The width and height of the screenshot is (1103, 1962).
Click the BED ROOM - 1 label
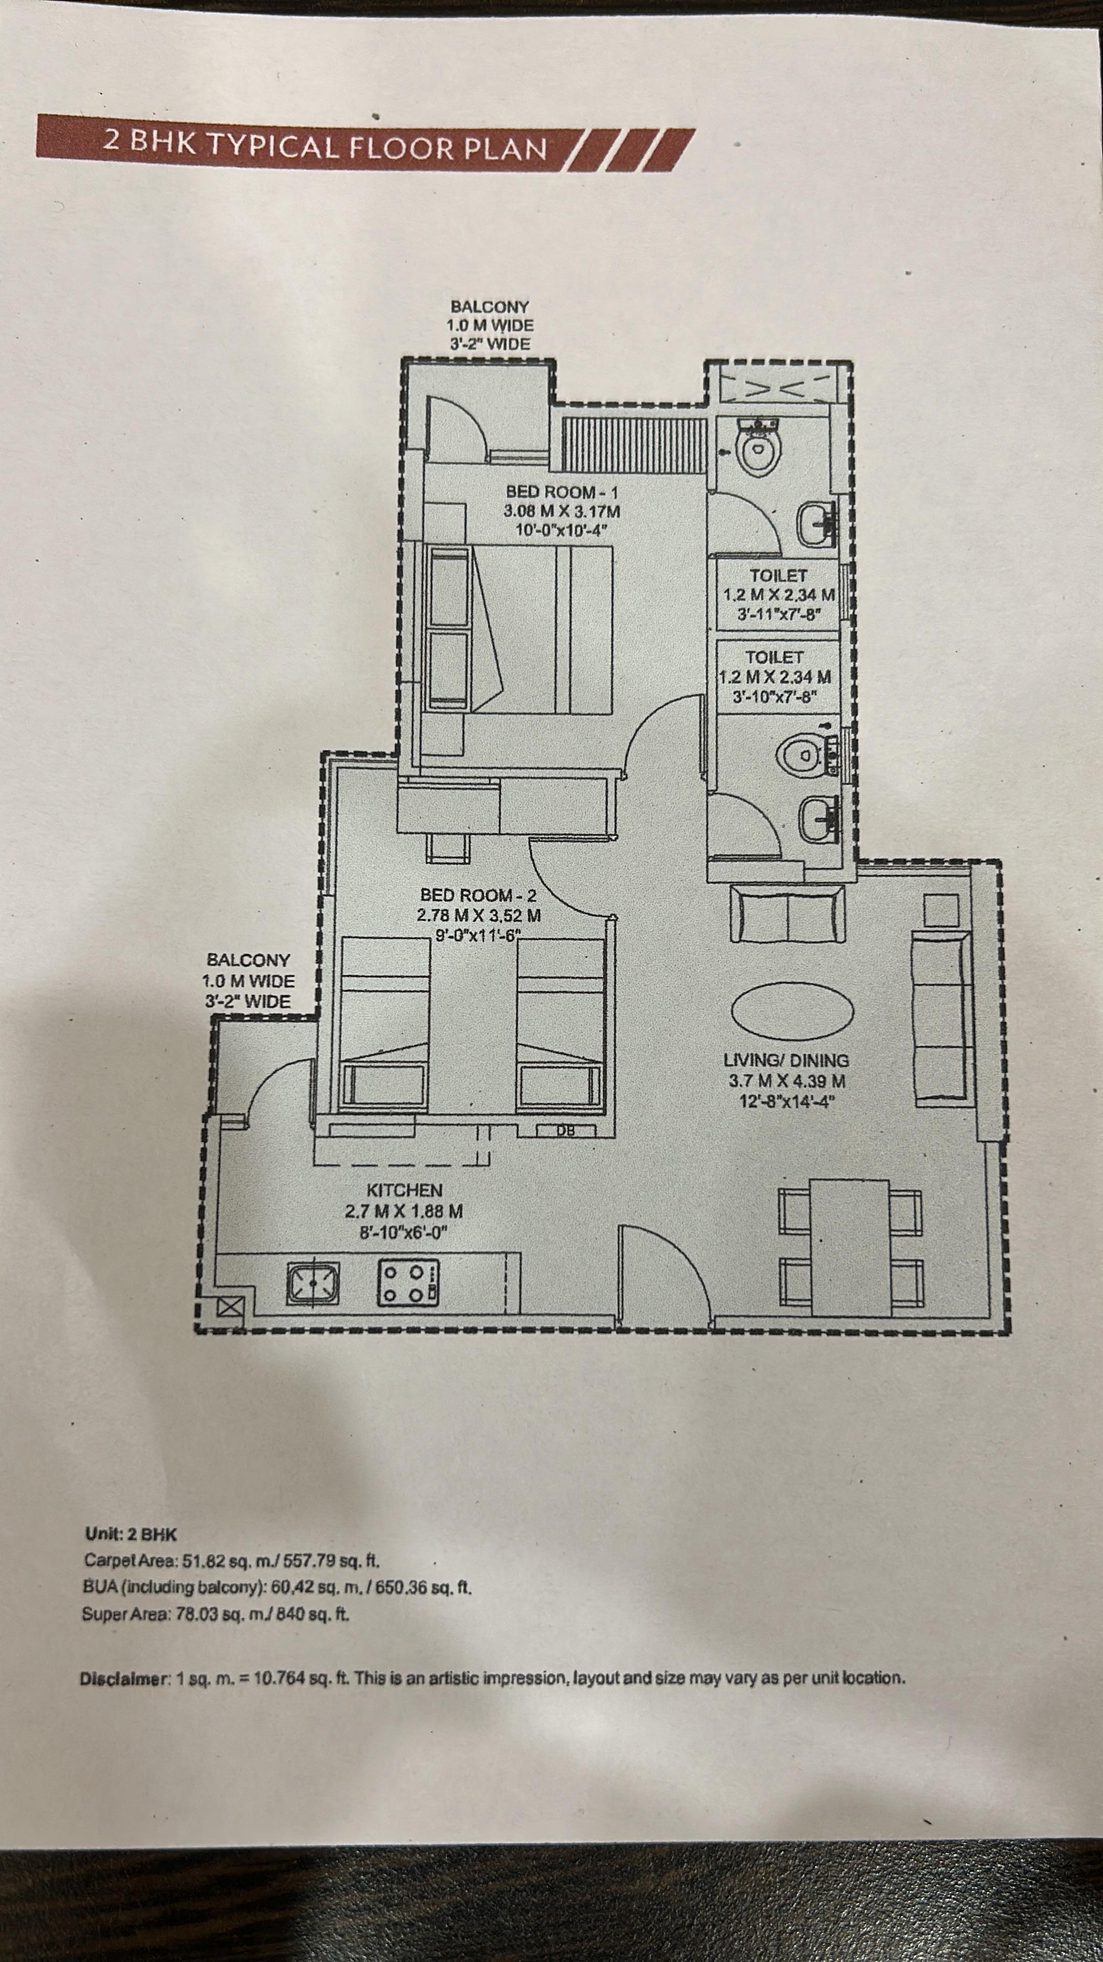[x=562, y=492]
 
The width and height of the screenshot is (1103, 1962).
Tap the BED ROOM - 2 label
[x=478, y=895]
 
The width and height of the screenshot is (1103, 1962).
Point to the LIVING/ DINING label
[x=785, y=1060]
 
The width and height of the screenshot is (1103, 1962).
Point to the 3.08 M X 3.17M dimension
[x=562, y=511]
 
